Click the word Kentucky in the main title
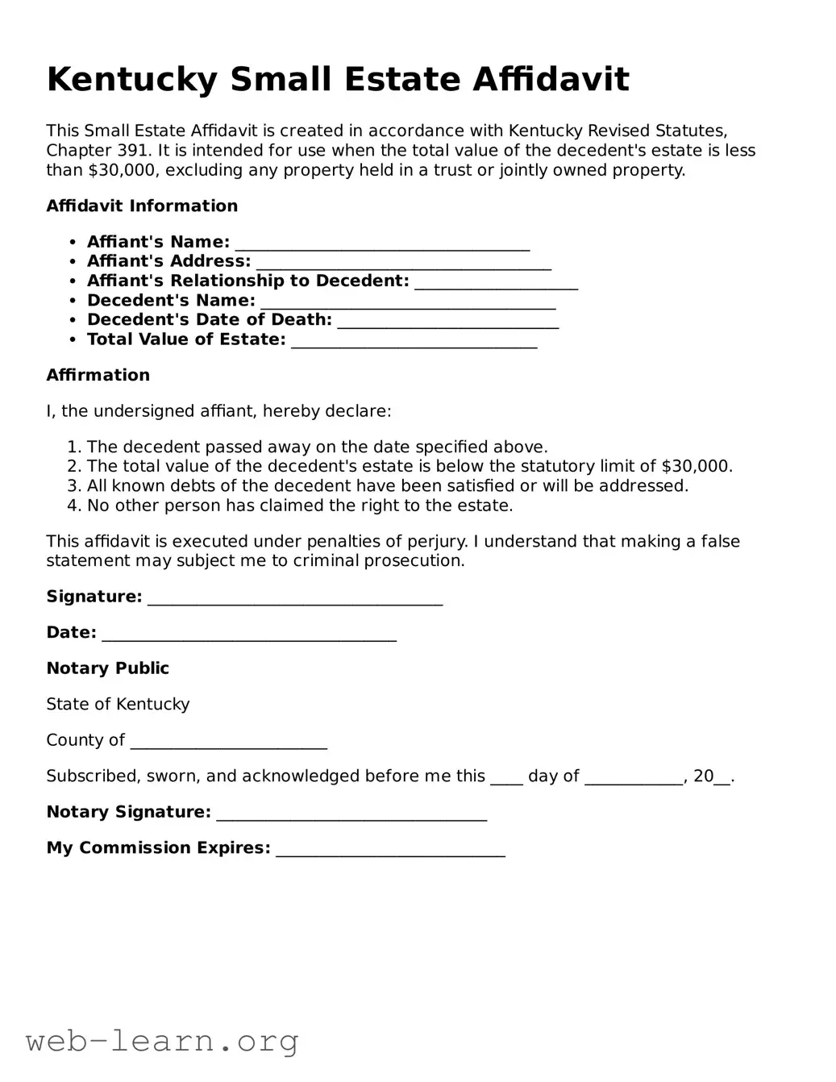pyautogui.click(x=132, y=80)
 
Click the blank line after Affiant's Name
pyautogui.click(x=382, y=243)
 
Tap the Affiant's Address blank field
pyautogui.click(x=403, y=262)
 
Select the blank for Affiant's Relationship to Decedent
pyautogui.click(x=496, y=281)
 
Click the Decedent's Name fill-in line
pyautogui.click(x=408, y=301)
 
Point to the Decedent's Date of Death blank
pyautogui.click(x=447, y=320)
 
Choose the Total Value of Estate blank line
pyautogui.click(x=414, y=340)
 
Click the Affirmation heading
pyautogui.click(x=98, y=375)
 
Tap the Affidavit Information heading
pyautogui.click(x=142, y=206)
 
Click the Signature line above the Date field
pyautogui.click(x=295, y=597)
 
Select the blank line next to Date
pyautogui.click(x=249, y=634)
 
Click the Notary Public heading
pyautogui.click(x=107, y=668)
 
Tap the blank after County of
pyautogui.click(x=228, y=741)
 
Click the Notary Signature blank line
pyautogui.click(x=351, y=813)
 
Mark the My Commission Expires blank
pyautogui.click(x=390, y=848)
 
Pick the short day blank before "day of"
pyautogui.click(x=506, y=777)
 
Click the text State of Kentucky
pyautogui.click(x=118, y=704)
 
